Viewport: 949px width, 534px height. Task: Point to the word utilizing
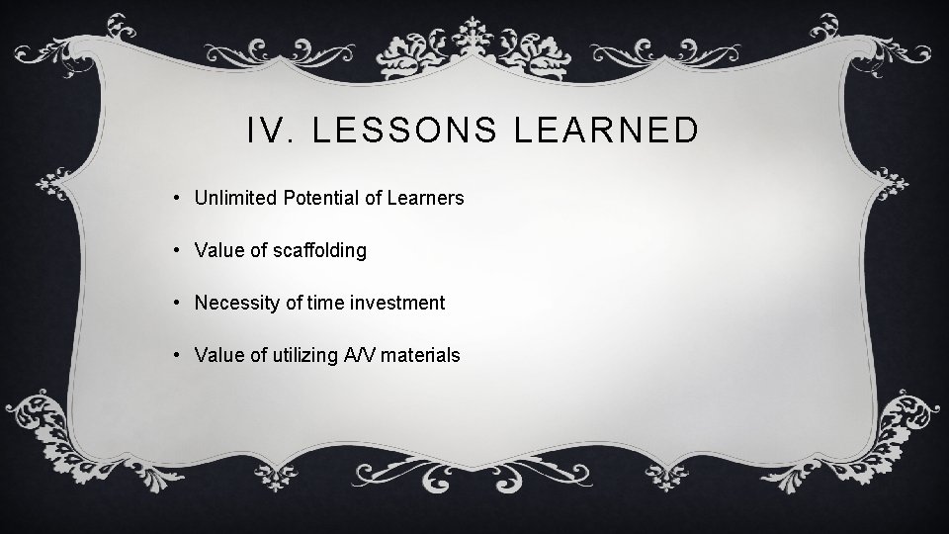pyautogui.click(x=301, y=355)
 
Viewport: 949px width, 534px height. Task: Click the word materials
pyautogui.click(x=423, y=355)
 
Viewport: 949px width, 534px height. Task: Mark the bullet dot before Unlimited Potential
pyautogui.click(x=175, y=198)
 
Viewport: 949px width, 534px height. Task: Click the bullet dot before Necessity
pyautogui.click(x=175, y=303)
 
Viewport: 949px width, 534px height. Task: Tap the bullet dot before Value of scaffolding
pyautogui.click(x=175, y=250)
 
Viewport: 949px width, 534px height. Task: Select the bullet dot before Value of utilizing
pyautogui.click(x=175, y=355)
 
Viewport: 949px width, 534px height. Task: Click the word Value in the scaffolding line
pyautogui.click(x=217, y=251)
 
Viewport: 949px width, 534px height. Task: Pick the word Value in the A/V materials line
pyautogui.click(x=217, y=355)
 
